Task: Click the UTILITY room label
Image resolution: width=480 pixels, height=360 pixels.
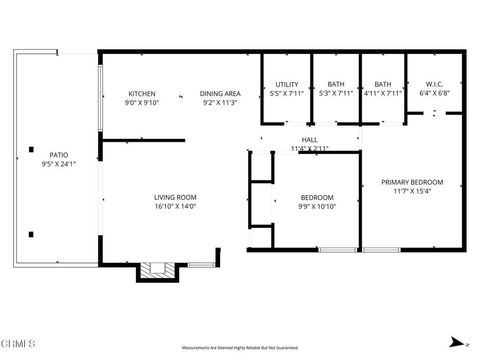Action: (x=286, y=85)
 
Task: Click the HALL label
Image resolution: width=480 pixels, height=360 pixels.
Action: (x=309, y=139)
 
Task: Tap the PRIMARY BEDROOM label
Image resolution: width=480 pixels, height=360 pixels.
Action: (x=412, y=182)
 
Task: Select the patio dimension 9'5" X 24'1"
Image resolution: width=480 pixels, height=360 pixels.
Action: (x=59, y=164)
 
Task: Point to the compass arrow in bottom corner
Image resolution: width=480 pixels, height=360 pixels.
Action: (x=455, y=338)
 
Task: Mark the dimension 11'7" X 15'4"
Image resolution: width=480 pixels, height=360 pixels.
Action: (x=412, y=192)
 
